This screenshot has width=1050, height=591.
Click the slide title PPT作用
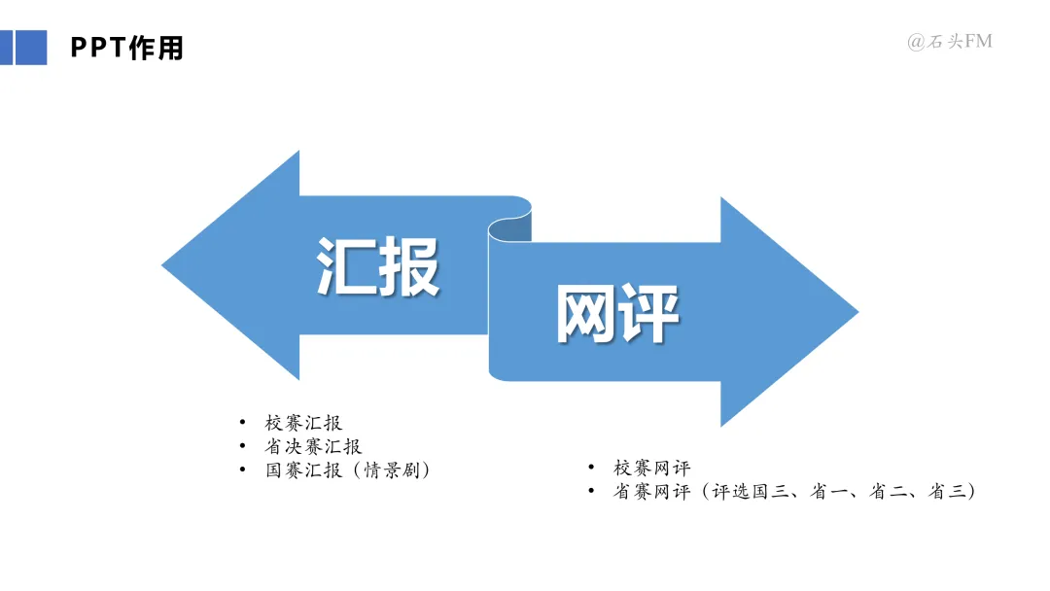[x=127, y=48]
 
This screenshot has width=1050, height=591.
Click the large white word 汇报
[x=378, y=265]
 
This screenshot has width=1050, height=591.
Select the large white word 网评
[x=617, y=314]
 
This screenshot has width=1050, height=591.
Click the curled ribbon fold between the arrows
[x=509, y=227]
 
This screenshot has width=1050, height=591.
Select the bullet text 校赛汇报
[x=303, y=423]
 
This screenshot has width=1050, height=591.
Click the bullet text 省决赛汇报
[x=313, y=446]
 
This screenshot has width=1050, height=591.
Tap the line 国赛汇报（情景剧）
[x=347, y=470]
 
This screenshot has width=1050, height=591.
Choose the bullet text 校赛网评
[x=651, y=468]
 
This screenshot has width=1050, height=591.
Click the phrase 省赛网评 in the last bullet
[x=651, y=492]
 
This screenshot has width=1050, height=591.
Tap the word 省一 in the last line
[x=828, y=492]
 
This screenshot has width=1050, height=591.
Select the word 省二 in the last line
[x=887, y=492]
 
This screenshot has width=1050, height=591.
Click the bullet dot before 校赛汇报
[x=243, y=423]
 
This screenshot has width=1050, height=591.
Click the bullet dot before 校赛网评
[x=591, y=468]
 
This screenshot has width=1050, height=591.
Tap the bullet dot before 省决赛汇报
[x=243, y=446]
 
